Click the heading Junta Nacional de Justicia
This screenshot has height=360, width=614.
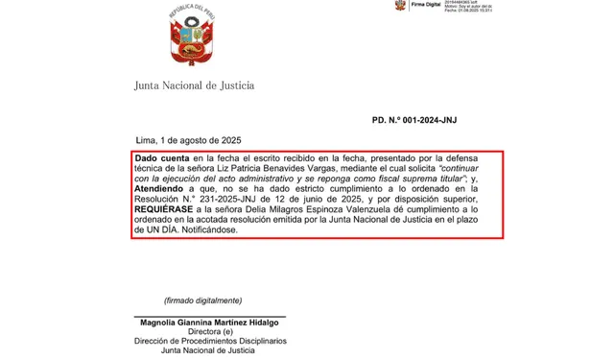point(194,86)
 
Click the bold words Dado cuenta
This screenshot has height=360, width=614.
point(162,156)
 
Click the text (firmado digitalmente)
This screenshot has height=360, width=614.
point(204,300)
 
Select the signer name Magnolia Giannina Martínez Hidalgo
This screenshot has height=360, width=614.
point(209,324)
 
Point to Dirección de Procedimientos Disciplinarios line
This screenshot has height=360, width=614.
point(209,344)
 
